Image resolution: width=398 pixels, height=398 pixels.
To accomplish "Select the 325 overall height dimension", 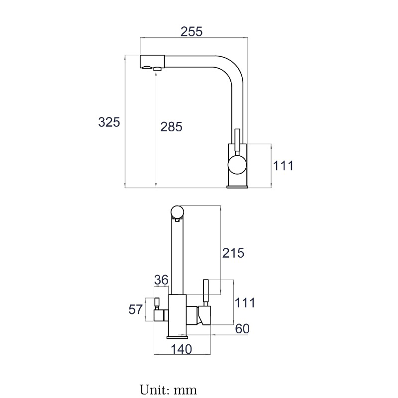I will pos(109,122).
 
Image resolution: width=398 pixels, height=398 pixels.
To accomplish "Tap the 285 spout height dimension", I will pos(171,127).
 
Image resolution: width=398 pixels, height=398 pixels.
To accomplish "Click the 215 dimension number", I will pos(233,253).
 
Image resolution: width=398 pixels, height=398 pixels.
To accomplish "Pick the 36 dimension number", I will pos(161,280).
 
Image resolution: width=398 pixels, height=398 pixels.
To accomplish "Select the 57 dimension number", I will pos(135,309).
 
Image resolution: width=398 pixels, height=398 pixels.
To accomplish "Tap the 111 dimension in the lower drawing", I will pos(244,302).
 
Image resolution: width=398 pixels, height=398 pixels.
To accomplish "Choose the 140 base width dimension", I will pos(182,349).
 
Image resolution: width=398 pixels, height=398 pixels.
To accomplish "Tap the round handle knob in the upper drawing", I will pos(237,165).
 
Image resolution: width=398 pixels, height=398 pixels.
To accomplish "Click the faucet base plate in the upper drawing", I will pos(237,187).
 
